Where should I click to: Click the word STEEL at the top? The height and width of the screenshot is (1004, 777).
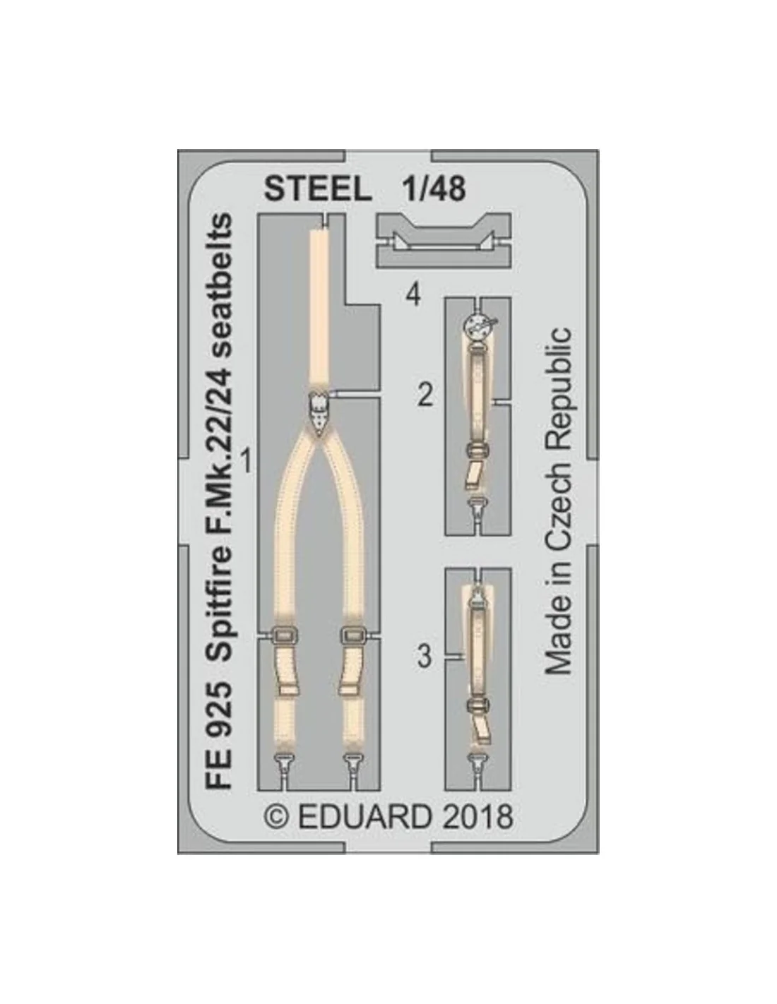pyautogui.click(x=318, y=189)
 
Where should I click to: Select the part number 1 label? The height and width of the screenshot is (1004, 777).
pyautogui.click(x=247, y=462)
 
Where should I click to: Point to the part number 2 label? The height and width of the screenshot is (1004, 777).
pyautogui.click(x=425, y=395)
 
